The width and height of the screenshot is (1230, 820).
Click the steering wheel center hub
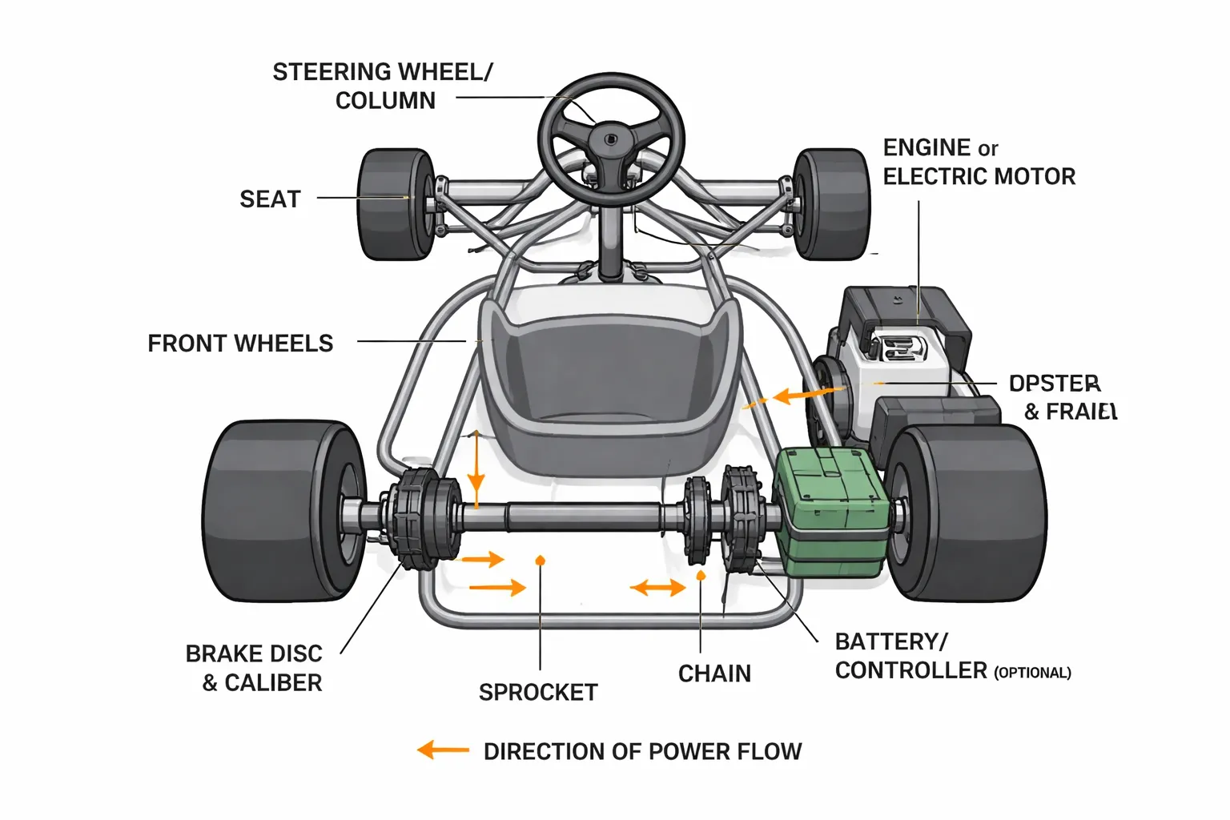pos(610,139)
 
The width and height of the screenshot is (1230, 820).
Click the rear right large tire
pos(973,512)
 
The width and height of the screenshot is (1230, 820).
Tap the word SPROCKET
pos(538,693)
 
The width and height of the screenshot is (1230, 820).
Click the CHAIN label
pos(714,674)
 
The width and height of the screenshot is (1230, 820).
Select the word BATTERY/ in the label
pos(891,642)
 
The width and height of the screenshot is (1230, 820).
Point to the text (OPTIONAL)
pos(1032,673)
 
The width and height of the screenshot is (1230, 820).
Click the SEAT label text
pos(270,199)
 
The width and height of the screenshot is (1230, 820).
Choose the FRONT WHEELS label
pos(240,344)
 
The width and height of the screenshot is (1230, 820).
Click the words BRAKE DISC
pos(254,654)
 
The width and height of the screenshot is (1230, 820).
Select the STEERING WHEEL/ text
pos(383,72)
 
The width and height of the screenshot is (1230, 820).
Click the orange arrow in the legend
pos(443,750)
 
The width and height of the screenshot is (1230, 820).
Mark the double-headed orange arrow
pos(657,589)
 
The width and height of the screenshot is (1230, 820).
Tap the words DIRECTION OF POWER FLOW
pos(642,752)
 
